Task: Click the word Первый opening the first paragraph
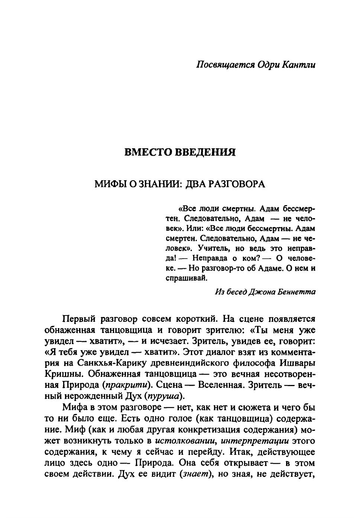[78, 319]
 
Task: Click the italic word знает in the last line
[194, 474]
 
